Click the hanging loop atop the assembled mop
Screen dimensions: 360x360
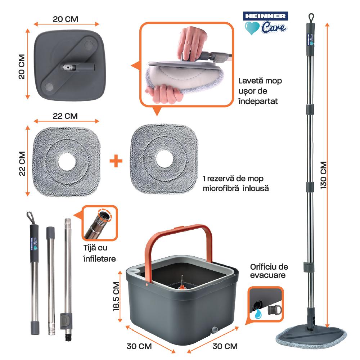[310, 17]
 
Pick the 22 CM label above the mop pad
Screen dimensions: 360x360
[66, 116]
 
